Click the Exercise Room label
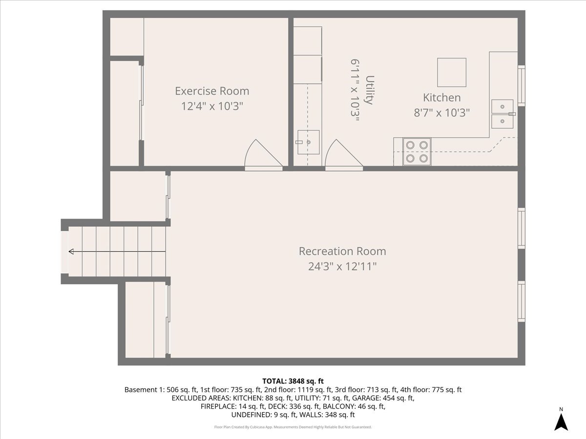point(212,91)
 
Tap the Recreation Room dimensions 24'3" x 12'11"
point(342,266)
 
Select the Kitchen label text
point(442,98)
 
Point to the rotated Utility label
point(370,90)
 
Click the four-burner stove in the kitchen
point(417,152)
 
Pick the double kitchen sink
point(502,114)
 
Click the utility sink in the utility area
point(308,142)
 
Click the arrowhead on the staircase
point(71,251)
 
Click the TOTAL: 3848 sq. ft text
point(293,381)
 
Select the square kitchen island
point(452,73)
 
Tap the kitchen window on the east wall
point(522,85)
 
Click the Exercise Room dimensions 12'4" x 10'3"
point(212,106)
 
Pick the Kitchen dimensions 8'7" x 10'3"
point(442,113)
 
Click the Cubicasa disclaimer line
point(293,427)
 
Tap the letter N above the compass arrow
point(561,409)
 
